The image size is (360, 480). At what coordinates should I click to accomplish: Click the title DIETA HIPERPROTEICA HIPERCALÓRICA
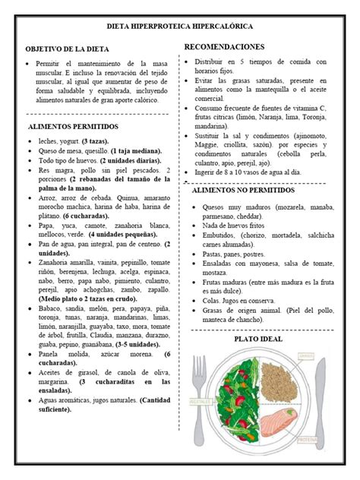[180, 25]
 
